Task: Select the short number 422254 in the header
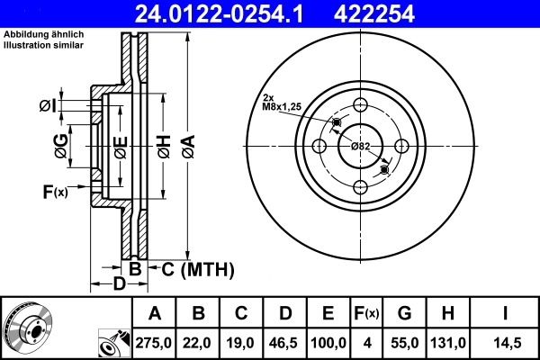(413, 13)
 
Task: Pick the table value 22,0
(198, 344)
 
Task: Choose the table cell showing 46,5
(285, 344)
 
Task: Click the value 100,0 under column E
(328, 344)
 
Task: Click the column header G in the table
(405, 313)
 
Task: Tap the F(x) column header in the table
(368, 313)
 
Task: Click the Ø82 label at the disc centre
(360, 146)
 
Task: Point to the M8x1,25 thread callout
(282, 106)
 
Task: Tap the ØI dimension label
(48, 107)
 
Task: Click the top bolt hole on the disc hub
(360, 103)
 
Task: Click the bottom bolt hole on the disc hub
(360, 187)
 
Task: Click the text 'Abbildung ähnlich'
(39, 33)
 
